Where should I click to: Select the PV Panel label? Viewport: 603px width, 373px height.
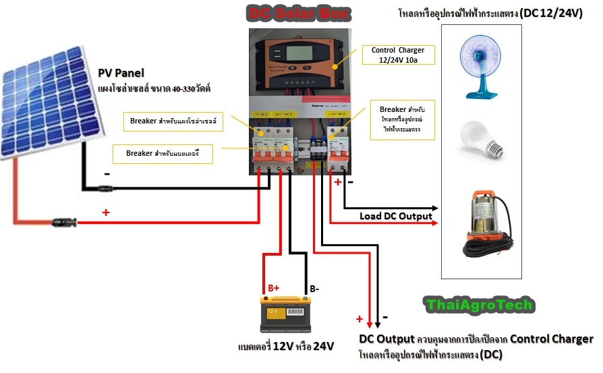click(x=121, y=73)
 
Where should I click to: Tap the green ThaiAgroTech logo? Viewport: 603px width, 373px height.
click(x=480, y=305)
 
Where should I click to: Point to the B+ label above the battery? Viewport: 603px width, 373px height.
click(x=274, y=288)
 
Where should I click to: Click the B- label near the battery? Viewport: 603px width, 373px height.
click(x=314, y=289)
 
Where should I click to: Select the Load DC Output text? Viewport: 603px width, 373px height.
click(x=395, y=216)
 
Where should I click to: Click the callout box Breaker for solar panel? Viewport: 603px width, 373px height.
click(x=176, y=122)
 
